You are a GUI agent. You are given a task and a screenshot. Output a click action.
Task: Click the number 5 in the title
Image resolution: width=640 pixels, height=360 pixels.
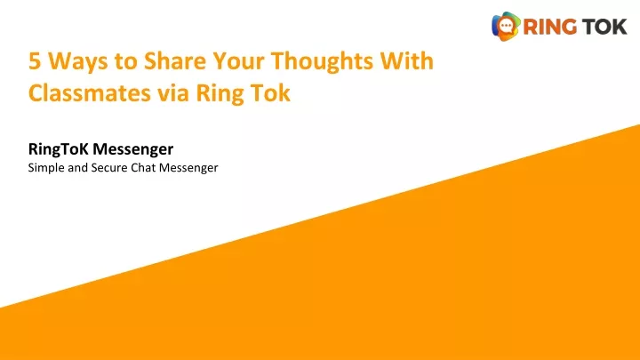point(35,61)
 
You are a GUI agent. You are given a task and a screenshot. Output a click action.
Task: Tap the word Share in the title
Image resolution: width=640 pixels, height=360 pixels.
point(175,60)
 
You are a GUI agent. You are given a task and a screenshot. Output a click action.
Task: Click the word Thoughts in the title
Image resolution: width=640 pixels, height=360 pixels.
point(322,62)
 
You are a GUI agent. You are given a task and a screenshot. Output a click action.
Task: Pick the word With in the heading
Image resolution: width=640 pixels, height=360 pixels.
point(406,60)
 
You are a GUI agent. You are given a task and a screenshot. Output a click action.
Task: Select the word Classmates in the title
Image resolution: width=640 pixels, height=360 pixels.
point(90,92)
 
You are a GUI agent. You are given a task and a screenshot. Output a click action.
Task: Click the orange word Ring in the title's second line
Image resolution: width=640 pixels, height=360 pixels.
point(220,94)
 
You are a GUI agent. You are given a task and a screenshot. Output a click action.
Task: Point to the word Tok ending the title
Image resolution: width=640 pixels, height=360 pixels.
point(270,92)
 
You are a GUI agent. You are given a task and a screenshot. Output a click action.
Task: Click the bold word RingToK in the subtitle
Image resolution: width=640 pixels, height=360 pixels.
point(58,150)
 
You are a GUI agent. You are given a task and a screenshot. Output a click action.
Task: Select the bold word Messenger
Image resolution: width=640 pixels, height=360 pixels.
point(132,150)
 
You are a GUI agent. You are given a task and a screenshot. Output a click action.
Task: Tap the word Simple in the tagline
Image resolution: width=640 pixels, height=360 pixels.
point(46,168)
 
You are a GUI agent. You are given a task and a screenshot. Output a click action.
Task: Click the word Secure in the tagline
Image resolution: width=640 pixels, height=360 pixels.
point(109,168)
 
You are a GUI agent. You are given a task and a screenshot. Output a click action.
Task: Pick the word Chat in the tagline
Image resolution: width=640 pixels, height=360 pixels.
point(143,168)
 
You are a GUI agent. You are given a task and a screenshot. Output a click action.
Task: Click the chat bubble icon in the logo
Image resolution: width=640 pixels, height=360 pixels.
point(506,27)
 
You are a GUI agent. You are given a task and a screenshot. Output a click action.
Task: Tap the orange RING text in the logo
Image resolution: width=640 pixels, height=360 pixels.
point(550,27)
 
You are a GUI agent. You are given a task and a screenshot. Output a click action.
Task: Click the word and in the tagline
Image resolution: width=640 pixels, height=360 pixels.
point(77,168)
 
